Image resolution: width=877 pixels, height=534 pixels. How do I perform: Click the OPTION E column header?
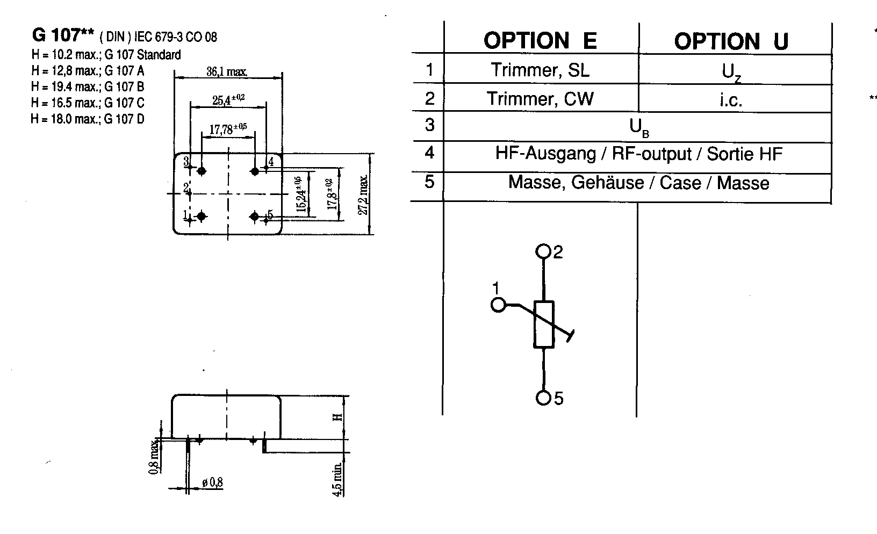[540, 41]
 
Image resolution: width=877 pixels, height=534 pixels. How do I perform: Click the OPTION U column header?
[731, 41]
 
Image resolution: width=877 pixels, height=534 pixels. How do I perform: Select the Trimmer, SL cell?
[540, 70]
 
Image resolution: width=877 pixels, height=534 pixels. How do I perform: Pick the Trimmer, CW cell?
[540, 99]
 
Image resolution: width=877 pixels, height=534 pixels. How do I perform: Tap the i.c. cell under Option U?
[731, 100]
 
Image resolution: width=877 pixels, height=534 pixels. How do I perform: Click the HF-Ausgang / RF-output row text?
[638, 154]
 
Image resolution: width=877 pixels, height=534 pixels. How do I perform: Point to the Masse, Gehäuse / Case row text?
[638, 183]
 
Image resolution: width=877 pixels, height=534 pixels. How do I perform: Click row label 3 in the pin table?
[429, 125]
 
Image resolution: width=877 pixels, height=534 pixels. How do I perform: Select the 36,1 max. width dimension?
[227, 71]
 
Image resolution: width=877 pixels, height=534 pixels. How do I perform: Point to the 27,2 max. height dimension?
[364, 194]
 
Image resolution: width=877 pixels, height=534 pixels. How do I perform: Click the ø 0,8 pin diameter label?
[212, 483]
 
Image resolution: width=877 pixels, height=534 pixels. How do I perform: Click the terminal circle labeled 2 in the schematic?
[544, 251]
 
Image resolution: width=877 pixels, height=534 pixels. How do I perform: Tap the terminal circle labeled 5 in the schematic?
[544, 398]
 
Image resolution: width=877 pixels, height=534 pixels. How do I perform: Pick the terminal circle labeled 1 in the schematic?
[498, 305]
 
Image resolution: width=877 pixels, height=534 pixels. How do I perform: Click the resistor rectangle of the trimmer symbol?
[544, 324]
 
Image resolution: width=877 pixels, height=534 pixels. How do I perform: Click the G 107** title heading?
[63, 35]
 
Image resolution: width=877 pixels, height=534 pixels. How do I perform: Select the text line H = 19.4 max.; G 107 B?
[88, 86]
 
